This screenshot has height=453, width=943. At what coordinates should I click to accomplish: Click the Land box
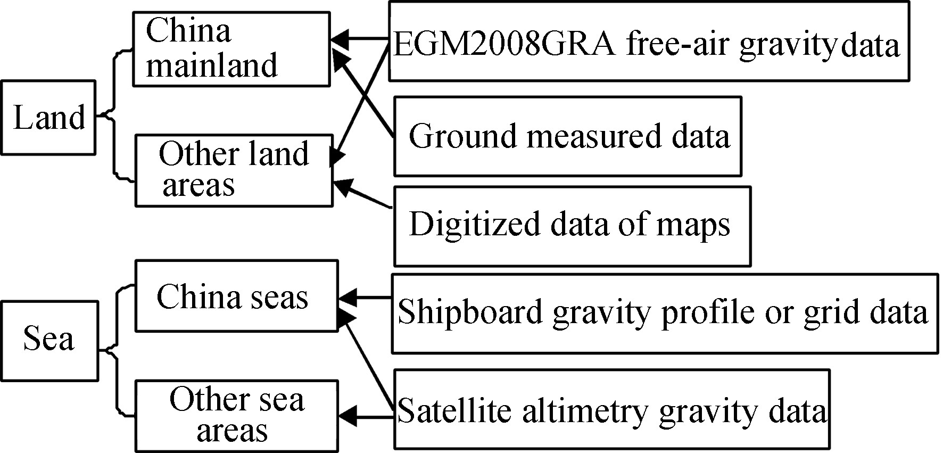pos(48,118)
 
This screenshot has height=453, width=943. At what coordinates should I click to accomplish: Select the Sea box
pos(49,341)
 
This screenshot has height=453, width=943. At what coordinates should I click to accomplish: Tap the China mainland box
pos(231,49)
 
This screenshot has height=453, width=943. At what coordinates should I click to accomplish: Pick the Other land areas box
pos(234,170)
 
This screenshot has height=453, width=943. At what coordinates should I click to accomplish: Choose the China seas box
pos(236,296)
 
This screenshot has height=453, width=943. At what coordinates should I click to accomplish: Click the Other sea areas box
pos(236,414)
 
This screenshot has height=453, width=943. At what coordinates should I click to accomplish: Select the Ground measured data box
pos(567,136)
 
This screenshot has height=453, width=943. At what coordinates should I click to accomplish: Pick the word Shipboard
pos(470,312)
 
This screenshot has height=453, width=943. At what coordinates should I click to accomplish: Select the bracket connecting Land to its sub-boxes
pos(114,114)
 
